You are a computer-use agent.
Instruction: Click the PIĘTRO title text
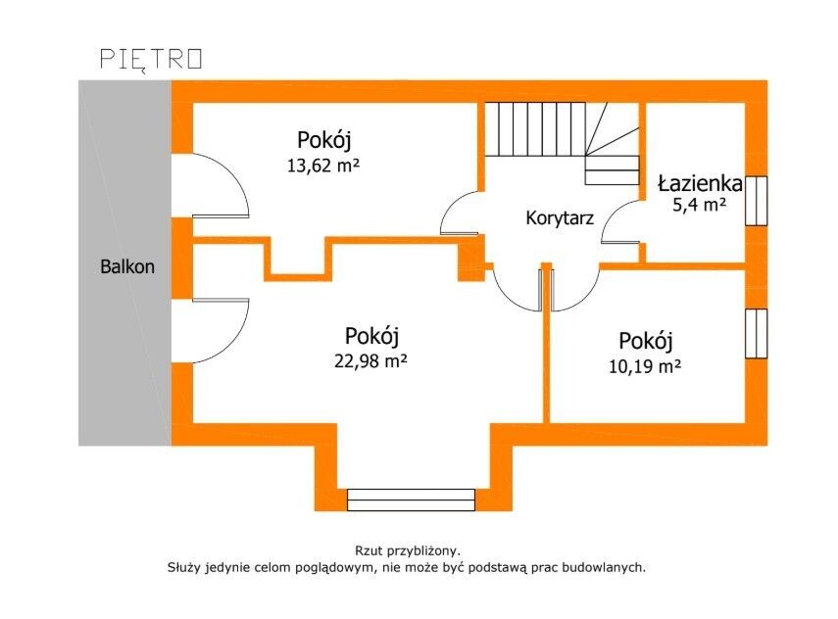[152, 59]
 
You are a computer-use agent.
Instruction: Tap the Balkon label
[127, 265]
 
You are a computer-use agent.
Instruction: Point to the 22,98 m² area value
[370, 360]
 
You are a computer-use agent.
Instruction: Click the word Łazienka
[700, 183]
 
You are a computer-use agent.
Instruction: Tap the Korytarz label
[560, 217]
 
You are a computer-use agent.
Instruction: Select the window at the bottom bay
[411, 499]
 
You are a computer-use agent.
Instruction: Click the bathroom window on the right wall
[756, 200]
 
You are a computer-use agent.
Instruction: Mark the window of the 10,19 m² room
[756, 334]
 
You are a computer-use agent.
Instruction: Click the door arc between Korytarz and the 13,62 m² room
[458, 214]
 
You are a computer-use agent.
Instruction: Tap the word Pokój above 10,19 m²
[646, 342]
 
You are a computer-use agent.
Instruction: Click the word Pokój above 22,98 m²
[371, 336]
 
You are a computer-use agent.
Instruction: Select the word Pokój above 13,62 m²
[323, 140]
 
